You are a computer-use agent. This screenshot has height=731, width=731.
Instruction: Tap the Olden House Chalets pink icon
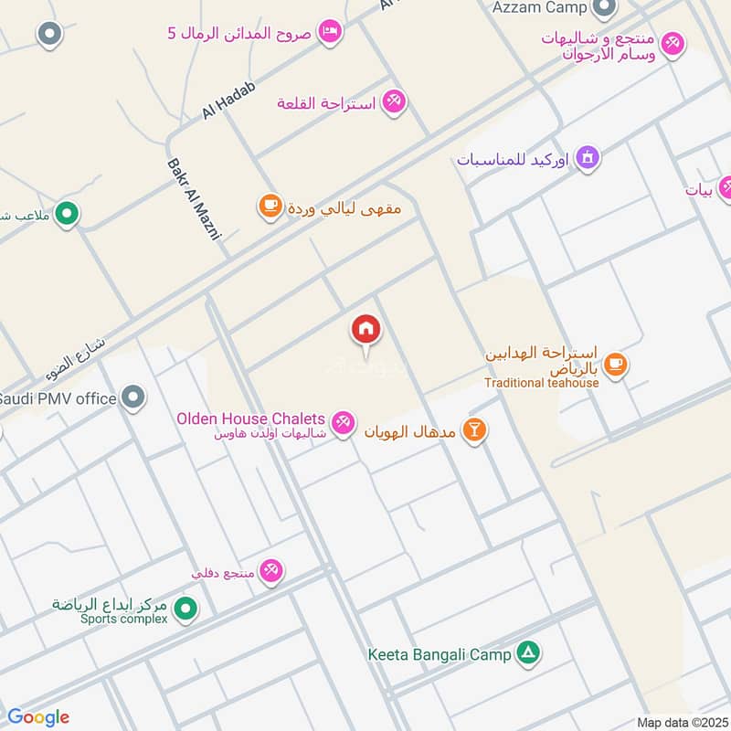tap(344, 423)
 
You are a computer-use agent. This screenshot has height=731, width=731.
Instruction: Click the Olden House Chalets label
tap(251, 418)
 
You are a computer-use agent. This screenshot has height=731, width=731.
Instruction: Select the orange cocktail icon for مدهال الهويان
tap(474, 429)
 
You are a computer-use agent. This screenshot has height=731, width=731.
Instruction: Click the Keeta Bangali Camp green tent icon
tap(528, 653)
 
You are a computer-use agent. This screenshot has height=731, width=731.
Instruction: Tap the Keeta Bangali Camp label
tap(440, 654)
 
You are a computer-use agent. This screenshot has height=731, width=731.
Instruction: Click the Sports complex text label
tap(123, 619)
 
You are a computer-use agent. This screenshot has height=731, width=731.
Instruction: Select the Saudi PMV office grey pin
tap(134, 397)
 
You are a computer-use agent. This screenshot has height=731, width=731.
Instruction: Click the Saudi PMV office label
tap(58, 398)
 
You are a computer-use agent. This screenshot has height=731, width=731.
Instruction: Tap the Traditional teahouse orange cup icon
tap(616, 364)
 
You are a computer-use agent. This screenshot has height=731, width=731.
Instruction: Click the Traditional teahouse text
tap(541, 383)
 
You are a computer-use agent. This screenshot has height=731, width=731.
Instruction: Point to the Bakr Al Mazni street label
tap(195, 200)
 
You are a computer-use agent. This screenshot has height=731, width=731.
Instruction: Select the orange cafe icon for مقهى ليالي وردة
tap(270, 207)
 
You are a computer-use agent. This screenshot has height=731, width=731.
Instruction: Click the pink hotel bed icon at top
tap(332, 32)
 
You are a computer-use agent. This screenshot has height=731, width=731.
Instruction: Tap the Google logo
tap(37, 717)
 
